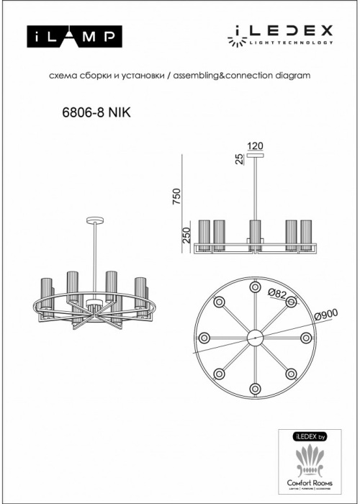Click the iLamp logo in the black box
74,35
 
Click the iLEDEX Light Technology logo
282,33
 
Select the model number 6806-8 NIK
93,112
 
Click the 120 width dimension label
255,146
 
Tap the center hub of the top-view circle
255,337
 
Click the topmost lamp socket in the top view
255,287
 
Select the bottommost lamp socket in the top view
255,388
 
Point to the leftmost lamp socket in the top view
204,337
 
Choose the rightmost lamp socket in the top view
306,337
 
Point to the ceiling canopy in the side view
255,154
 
